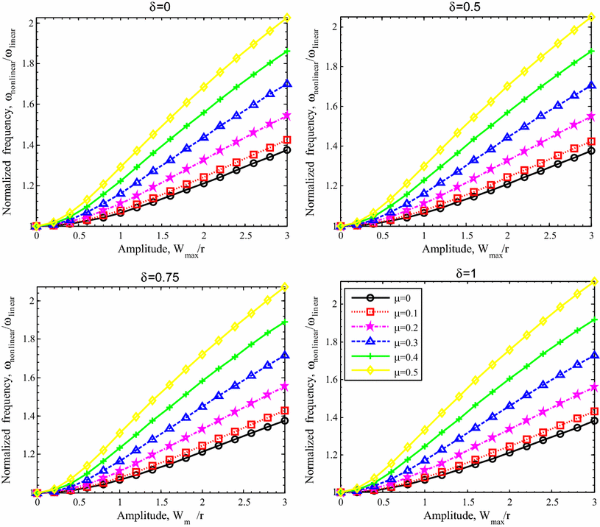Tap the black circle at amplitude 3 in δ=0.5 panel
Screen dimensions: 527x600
[590, 150]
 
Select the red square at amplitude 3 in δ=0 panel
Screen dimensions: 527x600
[287, 140]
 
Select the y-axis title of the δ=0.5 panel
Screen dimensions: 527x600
[311, 121]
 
